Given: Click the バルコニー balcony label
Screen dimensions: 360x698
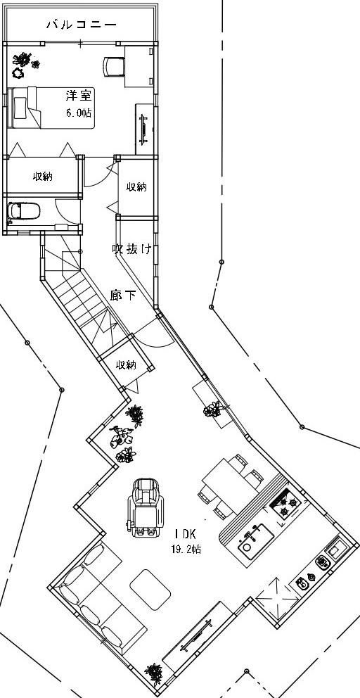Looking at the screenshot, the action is (82, 25).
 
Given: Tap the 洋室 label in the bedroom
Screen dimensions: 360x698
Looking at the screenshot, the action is (79, 95).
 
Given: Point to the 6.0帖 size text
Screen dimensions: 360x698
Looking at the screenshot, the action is (79, 113).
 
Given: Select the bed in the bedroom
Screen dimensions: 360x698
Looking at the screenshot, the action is (51, 107).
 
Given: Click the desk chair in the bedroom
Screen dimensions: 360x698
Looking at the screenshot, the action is (112, 67).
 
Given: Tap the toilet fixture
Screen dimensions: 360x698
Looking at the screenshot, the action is (24, 211).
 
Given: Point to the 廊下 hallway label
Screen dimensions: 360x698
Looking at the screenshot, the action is (123, 295).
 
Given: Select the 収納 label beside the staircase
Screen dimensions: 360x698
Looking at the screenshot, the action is (126, 365).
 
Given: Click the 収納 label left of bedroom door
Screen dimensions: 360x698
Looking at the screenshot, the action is (43, 177).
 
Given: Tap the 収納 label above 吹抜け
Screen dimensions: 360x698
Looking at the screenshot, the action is (136, 187).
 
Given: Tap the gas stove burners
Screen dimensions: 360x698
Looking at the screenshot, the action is (285, 507).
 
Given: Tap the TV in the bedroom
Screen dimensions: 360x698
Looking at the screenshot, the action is (143, 129).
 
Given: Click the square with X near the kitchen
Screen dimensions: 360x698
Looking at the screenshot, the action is (276, 597).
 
